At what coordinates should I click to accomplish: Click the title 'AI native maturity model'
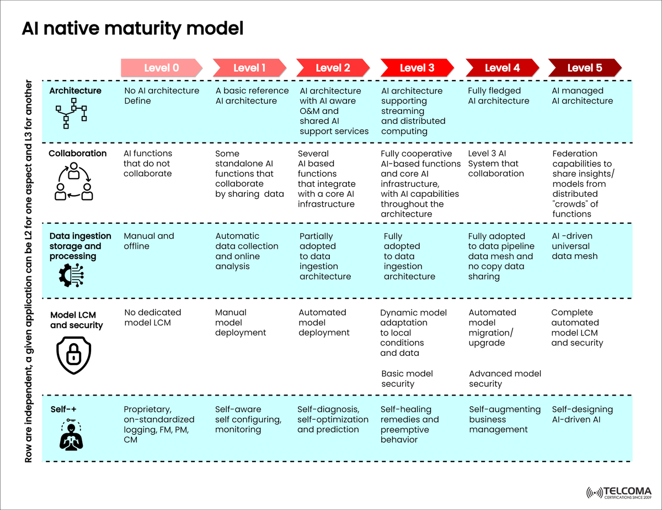point(132,29)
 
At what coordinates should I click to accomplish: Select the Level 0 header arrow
point(162,68)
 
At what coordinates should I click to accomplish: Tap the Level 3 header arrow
point(417,68)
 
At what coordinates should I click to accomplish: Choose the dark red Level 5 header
point(585,68)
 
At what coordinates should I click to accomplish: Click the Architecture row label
point(75,91)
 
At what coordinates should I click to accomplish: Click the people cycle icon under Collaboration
point(73,183)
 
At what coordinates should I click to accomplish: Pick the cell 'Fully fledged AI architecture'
point(498,96)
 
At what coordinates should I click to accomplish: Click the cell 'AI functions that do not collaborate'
point(148,164)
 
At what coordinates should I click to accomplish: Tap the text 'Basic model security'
point(407,378)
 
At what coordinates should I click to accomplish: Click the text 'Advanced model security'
point(505,378)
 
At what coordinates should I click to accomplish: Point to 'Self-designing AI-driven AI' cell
point(582,414)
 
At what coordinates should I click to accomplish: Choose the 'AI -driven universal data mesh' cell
point(575,246)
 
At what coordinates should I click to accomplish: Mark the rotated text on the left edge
point(29,271)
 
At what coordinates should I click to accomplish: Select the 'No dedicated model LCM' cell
point(153,317)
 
